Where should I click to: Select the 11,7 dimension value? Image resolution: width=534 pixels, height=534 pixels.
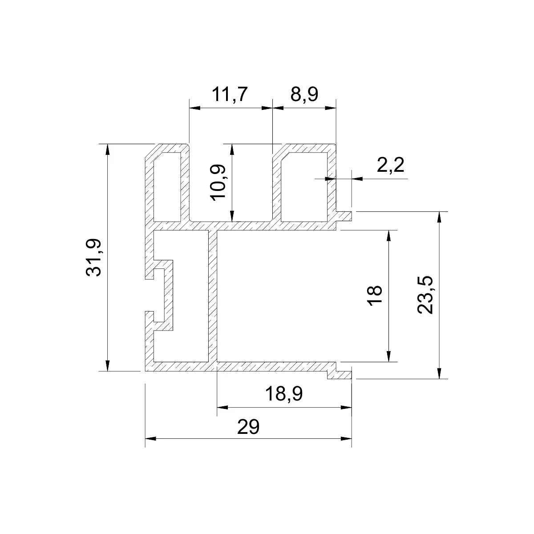(230, 94)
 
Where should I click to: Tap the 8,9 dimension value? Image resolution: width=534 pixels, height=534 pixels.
(304, 94)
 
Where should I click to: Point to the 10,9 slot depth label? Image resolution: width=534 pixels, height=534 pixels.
(218, 182)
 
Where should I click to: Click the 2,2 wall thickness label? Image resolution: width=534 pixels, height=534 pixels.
(390, 165)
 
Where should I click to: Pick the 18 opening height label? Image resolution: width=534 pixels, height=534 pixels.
(376, 295)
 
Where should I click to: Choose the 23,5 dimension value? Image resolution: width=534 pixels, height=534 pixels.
(425, 295)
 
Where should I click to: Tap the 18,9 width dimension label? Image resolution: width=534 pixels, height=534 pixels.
(284, 394)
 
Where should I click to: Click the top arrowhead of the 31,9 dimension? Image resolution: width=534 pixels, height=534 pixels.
(108, 150)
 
